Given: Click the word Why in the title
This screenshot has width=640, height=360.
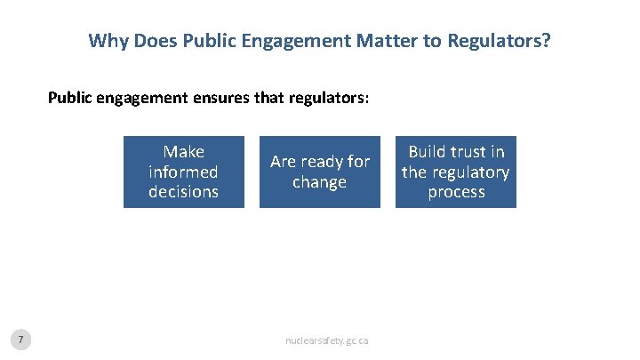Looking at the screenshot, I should [107, 41].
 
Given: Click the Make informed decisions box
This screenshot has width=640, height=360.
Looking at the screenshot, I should [183, 172].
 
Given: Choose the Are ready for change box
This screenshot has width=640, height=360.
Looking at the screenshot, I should [319, 172].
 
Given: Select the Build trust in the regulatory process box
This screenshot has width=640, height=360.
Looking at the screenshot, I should [456, 172].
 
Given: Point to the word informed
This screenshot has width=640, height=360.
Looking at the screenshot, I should [183, 172].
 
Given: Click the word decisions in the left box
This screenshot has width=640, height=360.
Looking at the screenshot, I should [183, 191].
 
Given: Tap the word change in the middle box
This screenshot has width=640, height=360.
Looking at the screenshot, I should [319, 182].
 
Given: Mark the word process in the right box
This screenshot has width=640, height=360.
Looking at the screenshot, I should [456, 191].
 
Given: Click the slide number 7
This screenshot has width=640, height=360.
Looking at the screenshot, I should [22, 339].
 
